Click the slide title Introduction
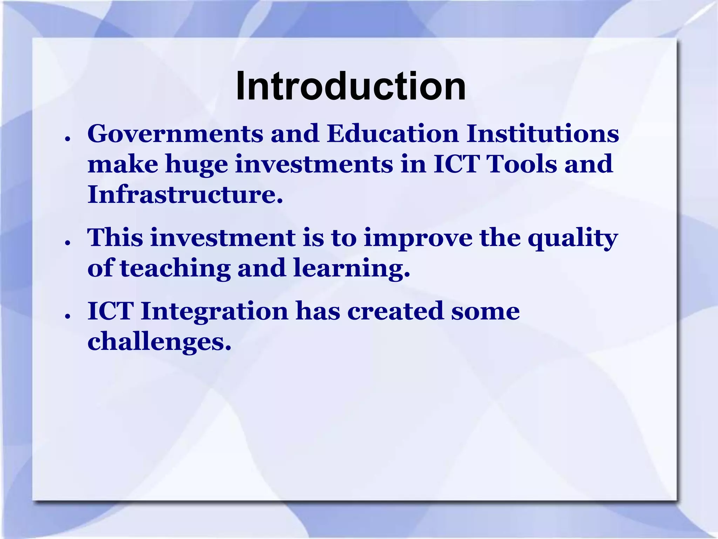(351, 86)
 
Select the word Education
(392, 134)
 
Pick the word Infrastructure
(185, 194)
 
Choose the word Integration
(214, 312)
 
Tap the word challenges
(159, 342)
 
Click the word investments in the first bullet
(314, 164)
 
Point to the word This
(115, 238)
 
